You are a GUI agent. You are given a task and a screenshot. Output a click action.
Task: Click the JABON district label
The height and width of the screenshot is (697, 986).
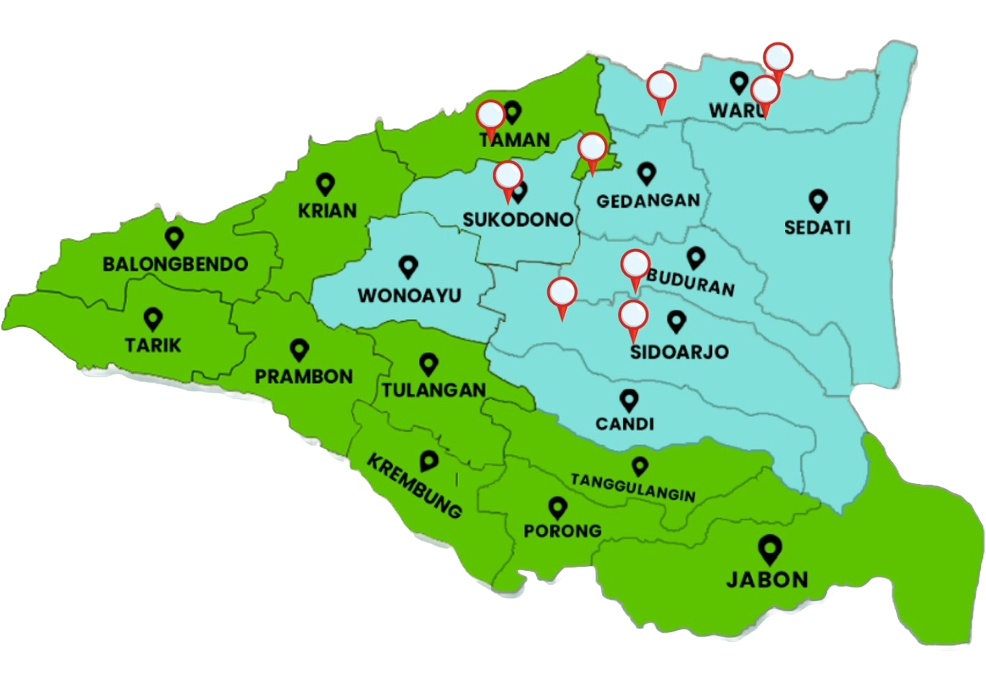(x=767, y=579)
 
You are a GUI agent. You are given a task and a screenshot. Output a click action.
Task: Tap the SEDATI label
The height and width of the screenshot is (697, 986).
(x=817, y=228)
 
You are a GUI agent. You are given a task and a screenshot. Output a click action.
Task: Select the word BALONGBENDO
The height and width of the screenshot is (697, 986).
(x=175, y=264)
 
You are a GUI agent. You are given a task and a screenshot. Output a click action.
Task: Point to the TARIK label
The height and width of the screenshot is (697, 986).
(x=153, y=346)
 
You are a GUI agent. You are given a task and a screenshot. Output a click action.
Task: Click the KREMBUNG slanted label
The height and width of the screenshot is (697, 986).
(x=415, y=485)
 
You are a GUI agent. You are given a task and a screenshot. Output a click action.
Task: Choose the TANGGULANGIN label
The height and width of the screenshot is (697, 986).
(x=632, y=487)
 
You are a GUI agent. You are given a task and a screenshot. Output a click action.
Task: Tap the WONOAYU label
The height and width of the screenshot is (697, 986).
(x=409, y=295)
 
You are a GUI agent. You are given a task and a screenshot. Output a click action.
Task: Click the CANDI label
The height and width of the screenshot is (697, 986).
(x=625, y=423)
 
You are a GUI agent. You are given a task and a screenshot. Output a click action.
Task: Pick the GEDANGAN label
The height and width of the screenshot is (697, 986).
(x=648, y=200)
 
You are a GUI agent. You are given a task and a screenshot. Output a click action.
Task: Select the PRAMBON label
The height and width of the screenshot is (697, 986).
(x=304, y=376)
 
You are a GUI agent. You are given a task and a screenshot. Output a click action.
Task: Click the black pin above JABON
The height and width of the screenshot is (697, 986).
(x=770, y=550)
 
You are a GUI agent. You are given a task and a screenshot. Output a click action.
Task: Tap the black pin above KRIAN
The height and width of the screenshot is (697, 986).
(x=326, y=184)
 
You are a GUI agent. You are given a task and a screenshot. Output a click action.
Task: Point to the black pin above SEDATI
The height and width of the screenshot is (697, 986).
(x=817, y=199)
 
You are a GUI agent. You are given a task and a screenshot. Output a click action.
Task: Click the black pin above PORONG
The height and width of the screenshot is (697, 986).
(x=557, y=508)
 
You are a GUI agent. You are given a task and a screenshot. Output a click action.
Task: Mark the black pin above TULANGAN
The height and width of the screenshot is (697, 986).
(x=429, y=364)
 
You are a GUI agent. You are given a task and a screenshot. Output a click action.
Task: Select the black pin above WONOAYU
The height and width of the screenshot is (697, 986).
(x=408, y=267)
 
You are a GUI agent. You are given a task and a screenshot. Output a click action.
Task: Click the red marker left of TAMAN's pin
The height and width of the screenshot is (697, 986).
(x=490, y=115)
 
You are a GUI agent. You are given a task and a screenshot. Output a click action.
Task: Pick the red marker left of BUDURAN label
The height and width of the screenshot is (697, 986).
(x=635, y=264)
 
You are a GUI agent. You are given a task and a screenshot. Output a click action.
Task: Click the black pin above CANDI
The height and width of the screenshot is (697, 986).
(x=629, y=399)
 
